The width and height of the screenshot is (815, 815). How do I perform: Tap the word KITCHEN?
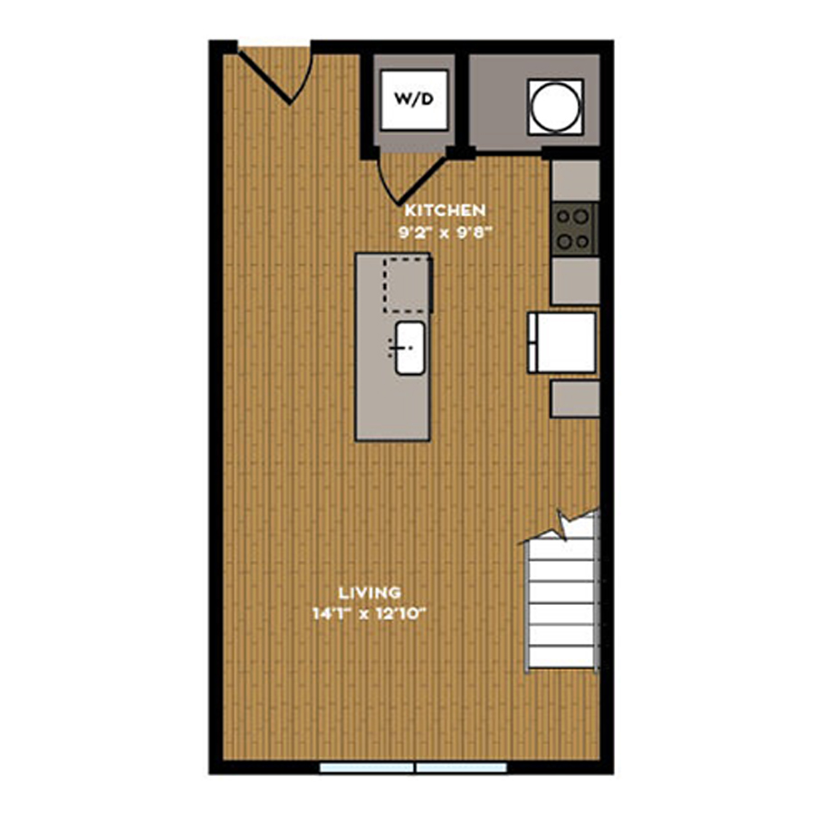click(x=445, y=210)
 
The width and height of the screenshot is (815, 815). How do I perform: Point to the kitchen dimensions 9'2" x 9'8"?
click(x=445, y=233)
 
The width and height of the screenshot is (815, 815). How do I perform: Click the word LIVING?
click(x=369, y=592)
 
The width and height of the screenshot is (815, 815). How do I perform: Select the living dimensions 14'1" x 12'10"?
click(x=369, y=614)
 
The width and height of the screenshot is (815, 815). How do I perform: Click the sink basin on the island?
click(x=409, y=348)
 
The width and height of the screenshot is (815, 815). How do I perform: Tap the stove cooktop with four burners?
click(x=574, y=229)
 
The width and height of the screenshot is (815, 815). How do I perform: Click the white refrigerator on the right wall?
click(x=561, y=342)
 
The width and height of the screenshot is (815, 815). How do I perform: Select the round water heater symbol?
click(x=555, y=107)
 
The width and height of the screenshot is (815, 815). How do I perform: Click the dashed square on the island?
click(x=407, y=283)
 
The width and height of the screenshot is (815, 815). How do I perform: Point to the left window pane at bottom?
click(x=367, y=768)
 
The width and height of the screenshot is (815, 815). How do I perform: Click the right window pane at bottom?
click(x=462, y=768)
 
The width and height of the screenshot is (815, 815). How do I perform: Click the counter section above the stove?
click(x=575, y=180)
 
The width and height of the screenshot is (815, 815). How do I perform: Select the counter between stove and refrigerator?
click(x=575, y=281)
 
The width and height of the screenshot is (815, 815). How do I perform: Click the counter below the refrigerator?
click(x=575, y=398)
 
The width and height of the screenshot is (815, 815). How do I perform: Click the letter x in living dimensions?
click(x=364, y=616)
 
